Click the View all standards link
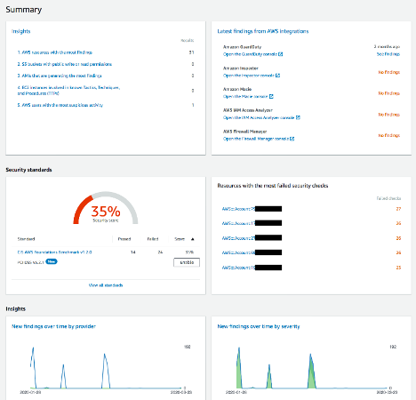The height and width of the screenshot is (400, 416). [x=106, y=284]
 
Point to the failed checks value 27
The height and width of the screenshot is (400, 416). [x=398, y=209]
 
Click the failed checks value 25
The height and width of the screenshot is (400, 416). [x=398, y=267]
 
